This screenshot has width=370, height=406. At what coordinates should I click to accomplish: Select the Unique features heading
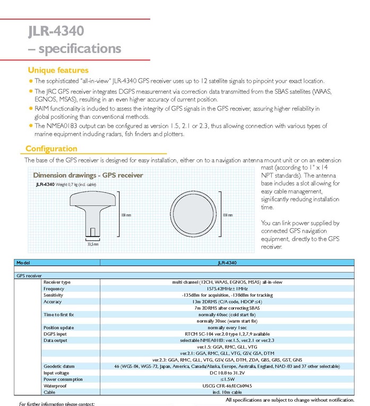coord(58,70)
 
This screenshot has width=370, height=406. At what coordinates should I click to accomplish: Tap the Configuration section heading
coord(51,149)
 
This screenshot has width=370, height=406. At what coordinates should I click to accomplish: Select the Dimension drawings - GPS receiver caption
coord(88,175)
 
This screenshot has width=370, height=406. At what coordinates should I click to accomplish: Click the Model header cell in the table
coord(24,263)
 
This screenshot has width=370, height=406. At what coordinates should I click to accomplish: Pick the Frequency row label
coord(54,288)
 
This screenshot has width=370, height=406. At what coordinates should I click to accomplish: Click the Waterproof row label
coord(56,386)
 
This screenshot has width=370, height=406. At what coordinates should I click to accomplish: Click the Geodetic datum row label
coord(60,366)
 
